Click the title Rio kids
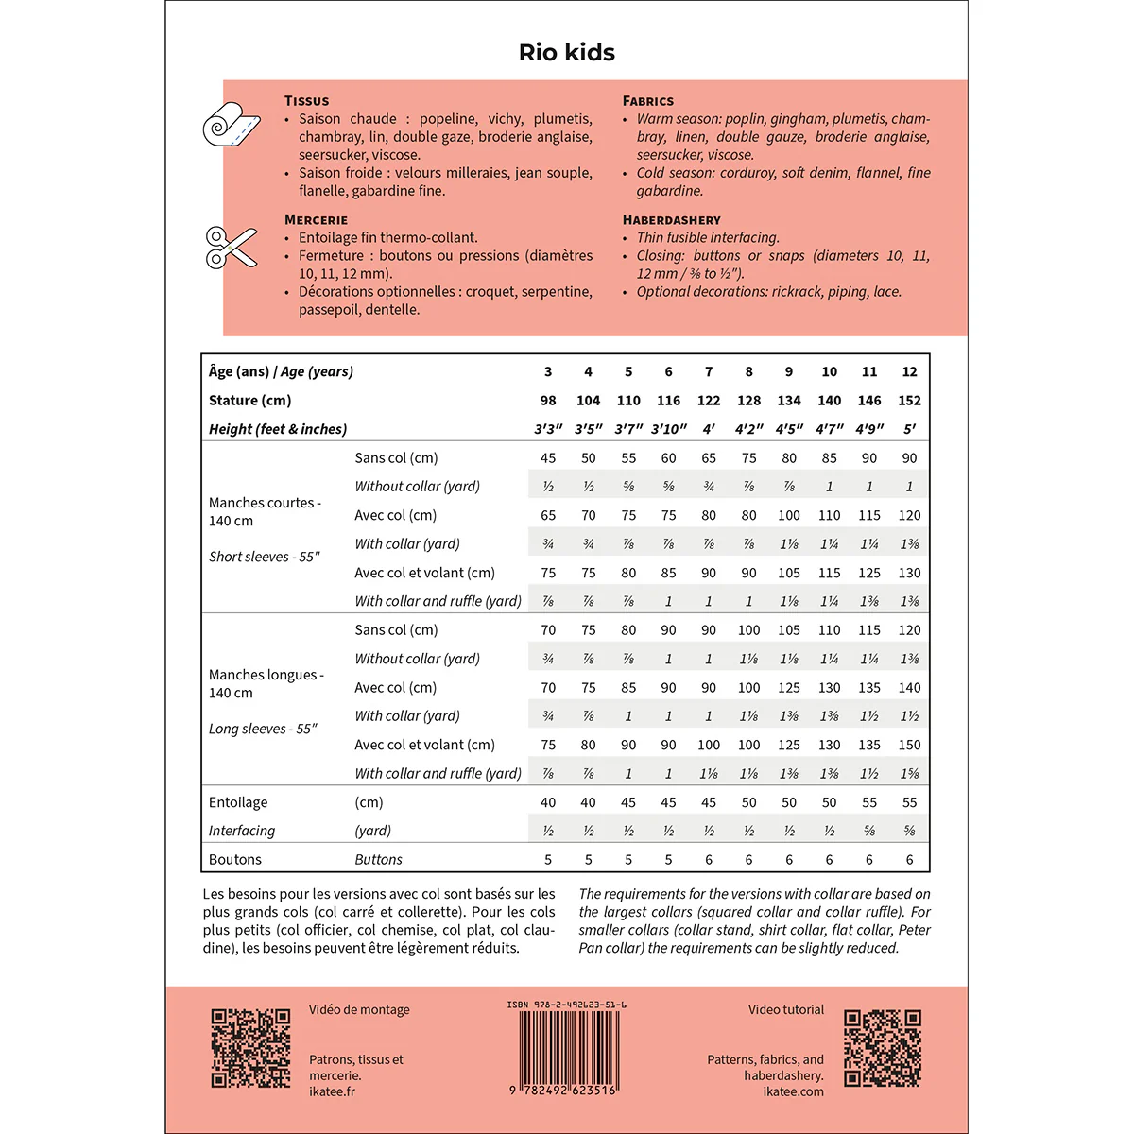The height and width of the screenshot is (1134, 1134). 566,53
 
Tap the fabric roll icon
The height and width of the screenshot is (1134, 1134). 231,124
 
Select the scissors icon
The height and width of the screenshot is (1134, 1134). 231,247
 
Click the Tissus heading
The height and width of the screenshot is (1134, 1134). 306,101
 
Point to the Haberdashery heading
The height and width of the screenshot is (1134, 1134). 671,220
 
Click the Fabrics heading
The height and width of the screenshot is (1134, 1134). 647,101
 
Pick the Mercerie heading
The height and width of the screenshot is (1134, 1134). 316,220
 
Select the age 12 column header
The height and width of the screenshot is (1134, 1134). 909,372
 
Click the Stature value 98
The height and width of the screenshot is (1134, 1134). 548,401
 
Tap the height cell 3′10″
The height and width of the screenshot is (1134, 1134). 668,429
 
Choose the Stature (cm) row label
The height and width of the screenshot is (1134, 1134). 249,401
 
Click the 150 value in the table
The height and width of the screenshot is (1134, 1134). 909,745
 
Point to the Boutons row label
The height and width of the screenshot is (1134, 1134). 235,860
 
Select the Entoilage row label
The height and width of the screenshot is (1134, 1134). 238,802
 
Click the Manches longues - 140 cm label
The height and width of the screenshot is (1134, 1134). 266,683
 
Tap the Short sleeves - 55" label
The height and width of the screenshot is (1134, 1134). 265,557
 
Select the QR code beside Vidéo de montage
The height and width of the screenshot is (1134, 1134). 250,1048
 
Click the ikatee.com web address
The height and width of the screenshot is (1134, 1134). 793,1091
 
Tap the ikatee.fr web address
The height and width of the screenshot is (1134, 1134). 332,1091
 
